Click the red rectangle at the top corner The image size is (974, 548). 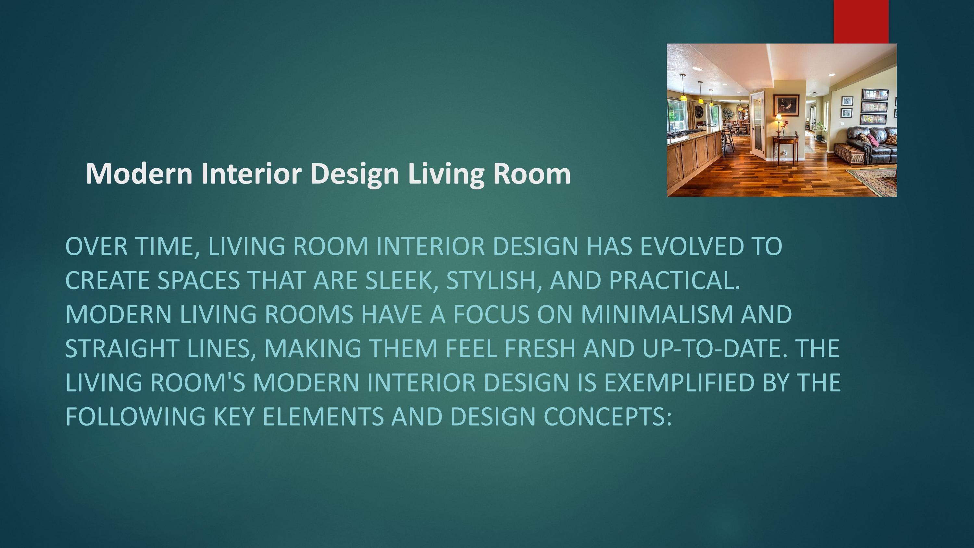pyautogui.click(x=861, y=21)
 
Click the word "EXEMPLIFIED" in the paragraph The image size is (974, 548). pyautogui.click(x=679, y=382)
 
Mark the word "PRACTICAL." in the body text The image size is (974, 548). pyautogui.click(x=674, y=280)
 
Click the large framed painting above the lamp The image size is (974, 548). pyautogui.click(x=786, y=105)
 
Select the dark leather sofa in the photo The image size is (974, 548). pyautogui.click(x=873, y=142)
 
